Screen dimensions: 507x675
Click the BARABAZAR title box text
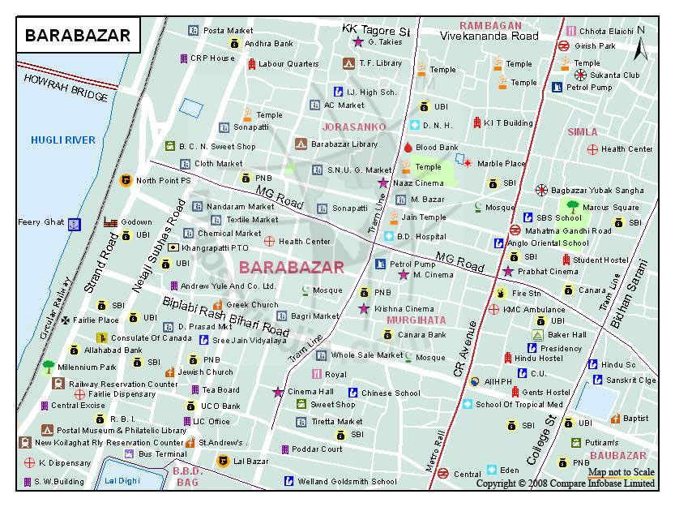[78, 36]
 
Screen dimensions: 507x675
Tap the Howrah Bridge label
[66, 87]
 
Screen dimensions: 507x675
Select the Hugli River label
[63, 140]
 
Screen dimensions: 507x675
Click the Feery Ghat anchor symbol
[75, 223]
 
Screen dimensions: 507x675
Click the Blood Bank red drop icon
[408, 148]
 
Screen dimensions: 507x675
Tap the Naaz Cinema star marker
[383, 183]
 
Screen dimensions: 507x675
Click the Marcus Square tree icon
[573, 207]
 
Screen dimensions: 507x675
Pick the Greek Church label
[252, 305]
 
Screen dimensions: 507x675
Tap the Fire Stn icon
[502, 293]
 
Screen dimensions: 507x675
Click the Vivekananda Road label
[489, 37]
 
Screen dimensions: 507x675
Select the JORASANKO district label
[353, 127]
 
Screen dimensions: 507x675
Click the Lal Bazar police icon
[223, 461]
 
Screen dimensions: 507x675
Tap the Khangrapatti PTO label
[215, 247]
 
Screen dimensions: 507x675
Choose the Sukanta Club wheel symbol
[580, 75]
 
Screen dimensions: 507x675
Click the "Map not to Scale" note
[621, 472]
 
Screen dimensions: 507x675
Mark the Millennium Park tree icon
[49, 367]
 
